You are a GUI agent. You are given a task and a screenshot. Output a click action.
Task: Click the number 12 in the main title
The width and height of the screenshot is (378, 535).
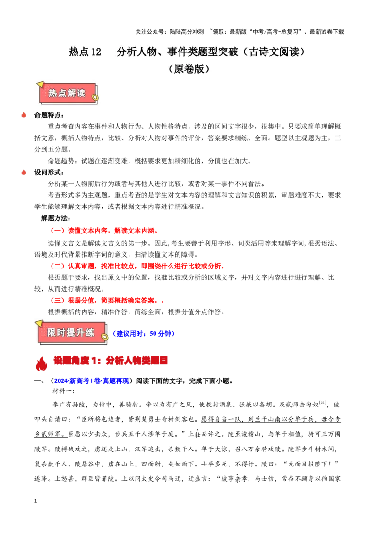[96, 52]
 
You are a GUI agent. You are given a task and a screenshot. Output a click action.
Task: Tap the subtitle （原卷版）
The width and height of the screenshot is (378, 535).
[189, 69]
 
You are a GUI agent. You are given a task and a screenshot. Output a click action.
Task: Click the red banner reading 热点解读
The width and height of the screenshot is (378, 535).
[68, 93]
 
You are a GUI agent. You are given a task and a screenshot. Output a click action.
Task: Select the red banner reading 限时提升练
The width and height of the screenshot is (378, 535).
[71, 332]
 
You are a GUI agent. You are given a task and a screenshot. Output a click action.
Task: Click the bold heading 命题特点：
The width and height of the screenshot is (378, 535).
[49, 115]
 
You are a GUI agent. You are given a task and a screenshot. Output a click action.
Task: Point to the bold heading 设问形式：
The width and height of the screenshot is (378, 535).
[49, 173]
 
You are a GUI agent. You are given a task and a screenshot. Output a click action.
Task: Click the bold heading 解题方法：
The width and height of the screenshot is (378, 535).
[56, 218]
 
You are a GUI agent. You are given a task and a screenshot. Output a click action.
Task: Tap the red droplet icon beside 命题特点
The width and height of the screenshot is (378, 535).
[24, 115]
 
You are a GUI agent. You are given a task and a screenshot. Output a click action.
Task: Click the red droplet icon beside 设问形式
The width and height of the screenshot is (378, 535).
[24, 173]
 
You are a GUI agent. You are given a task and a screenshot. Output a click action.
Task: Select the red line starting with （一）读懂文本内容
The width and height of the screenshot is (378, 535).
[104, 231]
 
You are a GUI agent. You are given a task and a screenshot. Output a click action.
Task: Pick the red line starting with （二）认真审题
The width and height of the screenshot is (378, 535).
[137, 266]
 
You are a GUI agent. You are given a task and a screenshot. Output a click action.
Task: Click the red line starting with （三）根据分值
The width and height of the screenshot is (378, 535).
[107, 300]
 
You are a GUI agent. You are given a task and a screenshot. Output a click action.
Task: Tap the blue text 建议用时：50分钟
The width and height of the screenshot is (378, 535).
[144, 333]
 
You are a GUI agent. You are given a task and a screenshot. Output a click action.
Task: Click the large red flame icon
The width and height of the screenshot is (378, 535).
[41, 363]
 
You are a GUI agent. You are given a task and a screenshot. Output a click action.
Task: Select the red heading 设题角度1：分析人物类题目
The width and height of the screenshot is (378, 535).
[111, 361]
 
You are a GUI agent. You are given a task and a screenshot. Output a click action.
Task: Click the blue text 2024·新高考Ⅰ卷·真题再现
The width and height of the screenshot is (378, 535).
[92, 381]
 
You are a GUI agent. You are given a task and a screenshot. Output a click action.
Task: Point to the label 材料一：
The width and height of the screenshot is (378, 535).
[63, 391]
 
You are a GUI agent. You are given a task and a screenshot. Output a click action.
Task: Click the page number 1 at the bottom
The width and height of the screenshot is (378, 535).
[35, 501]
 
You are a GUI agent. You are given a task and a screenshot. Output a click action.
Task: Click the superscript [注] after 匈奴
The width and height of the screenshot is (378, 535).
[322, 403]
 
